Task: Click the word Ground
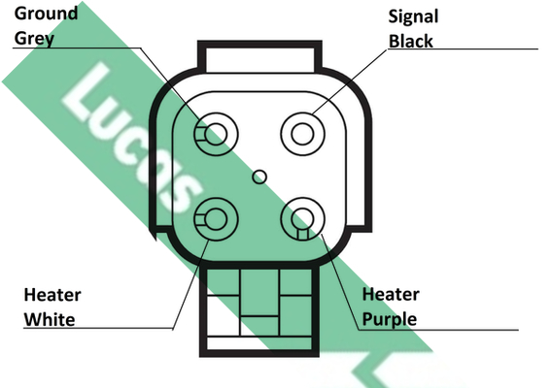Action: pos(46,14)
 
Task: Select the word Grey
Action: pos(34,39)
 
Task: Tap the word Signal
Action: pos(413,16)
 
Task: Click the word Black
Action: pos(411,41)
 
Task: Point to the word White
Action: pos(50,319)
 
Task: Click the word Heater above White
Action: pos(52,295)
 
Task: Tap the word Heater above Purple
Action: pos(391,294)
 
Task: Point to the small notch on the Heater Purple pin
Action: pos(302,234)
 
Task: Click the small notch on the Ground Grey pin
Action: pos(200,134)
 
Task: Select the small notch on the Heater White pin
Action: pos(200,219)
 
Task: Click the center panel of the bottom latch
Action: pos(259,292)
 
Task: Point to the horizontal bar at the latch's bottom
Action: pos(259,343)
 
